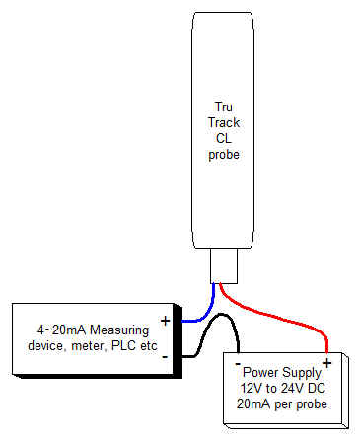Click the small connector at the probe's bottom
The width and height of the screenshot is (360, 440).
pos(226,264)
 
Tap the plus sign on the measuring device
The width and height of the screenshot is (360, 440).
pos(165,321)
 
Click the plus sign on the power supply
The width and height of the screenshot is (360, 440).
pos(325,363)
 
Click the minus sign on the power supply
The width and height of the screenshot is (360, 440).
pos(240,364)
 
